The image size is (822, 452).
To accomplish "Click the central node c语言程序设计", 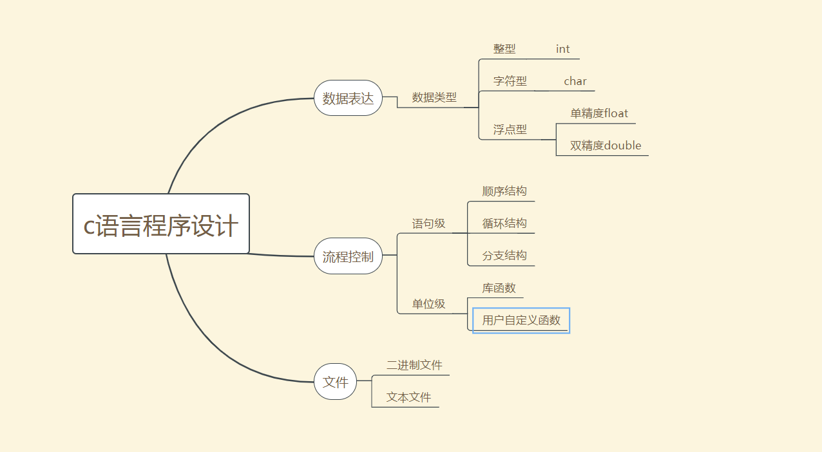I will coord(161,224).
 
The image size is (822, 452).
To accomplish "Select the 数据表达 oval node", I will coord(348,99).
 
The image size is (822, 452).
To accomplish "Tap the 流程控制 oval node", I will coord(348,256).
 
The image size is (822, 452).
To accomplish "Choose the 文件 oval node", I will coord(335,381).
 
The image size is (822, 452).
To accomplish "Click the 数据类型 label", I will coord(434,98).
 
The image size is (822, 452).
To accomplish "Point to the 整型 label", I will coord(504,49).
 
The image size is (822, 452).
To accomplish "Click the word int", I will coord(563,49).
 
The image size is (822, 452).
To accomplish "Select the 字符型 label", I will coord(510,81).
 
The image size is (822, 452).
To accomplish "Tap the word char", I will coord(575,81).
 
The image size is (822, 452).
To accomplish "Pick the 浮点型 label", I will coord(510,129).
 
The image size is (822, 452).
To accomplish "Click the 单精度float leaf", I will coord(599,113).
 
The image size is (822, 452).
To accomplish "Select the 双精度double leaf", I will coord(606,146).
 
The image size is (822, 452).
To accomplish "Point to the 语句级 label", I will coord(429,224).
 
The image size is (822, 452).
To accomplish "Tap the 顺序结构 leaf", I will coord(504,191).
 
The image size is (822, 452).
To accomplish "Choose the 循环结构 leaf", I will coord(504,223).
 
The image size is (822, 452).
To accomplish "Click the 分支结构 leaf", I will coord(504,256).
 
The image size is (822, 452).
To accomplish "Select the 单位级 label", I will coord(429,304).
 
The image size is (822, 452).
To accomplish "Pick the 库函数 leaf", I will coord(499,288).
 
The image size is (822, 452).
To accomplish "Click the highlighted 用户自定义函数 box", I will coord(521,320).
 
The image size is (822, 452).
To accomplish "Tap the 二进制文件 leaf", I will coord(414,365).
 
